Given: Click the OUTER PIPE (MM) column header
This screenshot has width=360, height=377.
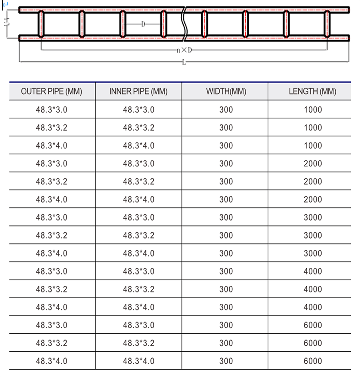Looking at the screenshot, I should coord(52,91).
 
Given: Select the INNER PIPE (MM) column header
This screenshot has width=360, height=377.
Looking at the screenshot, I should coord(138,91).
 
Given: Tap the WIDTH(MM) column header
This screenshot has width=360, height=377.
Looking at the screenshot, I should coord(226,91).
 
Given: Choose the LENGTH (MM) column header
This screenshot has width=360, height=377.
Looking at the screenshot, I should coord(312,91).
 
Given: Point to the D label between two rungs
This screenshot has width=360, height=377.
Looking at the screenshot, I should coord(143,24).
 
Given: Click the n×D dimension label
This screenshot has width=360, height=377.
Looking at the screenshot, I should coord(184,50).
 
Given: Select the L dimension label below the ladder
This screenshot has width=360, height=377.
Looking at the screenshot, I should coord(184,62).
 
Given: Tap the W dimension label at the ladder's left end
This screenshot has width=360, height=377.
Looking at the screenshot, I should coord(7,24).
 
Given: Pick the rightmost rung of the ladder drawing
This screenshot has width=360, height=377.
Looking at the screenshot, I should coord(327,24).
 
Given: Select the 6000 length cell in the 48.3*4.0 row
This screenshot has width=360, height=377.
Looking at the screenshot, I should coord(312,361).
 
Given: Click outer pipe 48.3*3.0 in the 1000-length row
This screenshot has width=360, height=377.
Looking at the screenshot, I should coord(52,110).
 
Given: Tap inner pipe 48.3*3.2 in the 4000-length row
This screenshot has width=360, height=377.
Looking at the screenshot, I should coord(138,289).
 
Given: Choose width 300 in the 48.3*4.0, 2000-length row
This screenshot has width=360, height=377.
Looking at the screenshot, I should coord(226,199).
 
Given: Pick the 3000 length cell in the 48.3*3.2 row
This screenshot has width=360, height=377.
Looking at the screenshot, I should coord(312,235).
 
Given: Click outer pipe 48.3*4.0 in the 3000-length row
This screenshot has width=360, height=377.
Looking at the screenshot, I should coord(52,253).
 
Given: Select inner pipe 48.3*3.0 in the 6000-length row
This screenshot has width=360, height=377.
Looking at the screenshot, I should coord(138,325).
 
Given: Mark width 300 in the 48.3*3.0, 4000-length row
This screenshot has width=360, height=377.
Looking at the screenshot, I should coord(226,271).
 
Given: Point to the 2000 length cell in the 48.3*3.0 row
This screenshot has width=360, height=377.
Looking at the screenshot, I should coord(312,163).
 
